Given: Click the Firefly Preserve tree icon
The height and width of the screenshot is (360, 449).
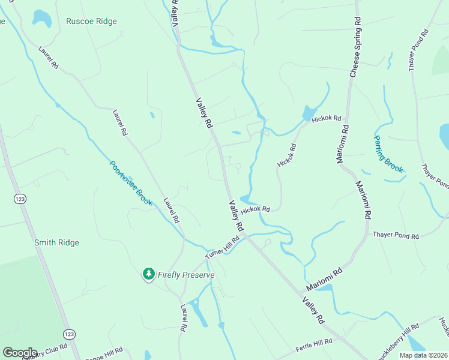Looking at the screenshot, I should coord(148,274).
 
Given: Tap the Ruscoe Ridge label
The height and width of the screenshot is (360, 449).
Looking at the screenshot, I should coord(91,21).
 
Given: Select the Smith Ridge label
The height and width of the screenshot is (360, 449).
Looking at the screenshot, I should coord(56,242).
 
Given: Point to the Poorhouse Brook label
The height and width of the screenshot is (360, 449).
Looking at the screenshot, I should coord(131,183).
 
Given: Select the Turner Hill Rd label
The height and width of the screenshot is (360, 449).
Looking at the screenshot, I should coord(222,247).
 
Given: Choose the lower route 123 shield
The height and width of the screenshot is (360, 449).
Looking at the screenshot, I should coord(68,334).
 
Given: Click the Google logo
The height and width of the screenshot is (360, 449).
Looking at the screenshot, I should coord(20,353).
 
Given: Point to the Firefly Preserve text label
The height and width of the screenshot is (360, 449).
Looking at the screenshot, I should coord(185,275).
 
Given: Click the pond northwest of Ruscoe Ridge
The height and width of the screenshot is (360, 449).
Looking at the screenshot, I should coord(41,18).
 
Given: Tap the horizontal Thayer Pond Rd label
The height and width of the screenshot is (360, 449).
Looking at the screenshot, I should coord(396,236).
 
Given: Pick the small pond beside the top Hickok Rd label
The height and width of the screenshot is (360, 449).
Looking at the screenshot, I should coord(309,112).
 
